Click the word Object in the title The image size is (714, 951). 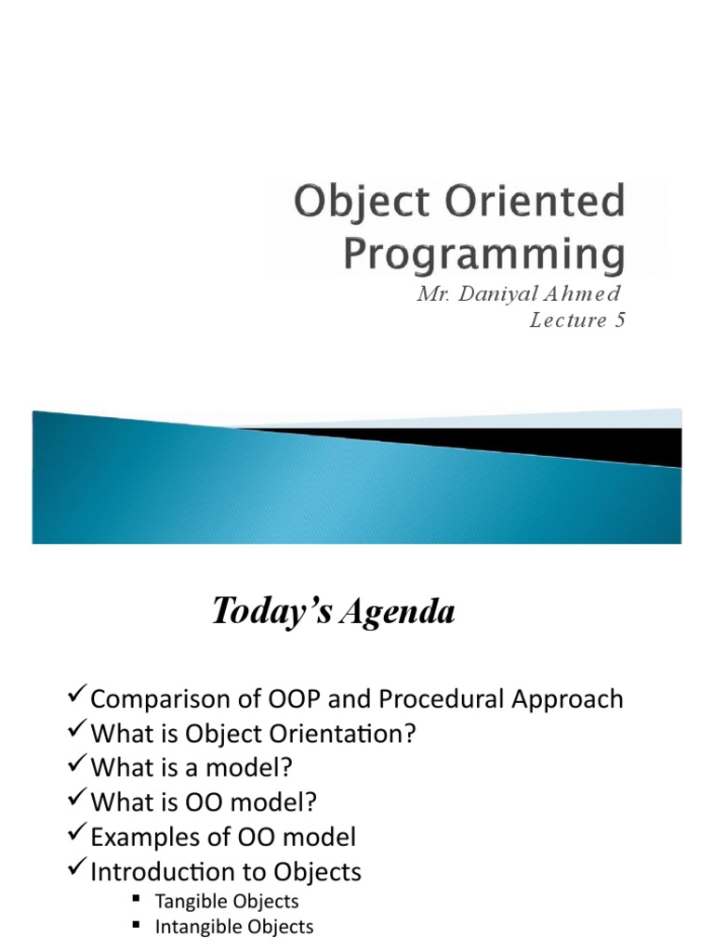(362, 203)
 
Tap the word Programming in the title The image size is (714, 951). (484, 254)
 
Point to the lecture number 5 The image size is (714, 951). (619, 319)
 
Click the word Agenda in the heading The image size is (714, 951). (398, 611)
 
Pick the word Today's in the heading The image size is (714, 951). (272, 611)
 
